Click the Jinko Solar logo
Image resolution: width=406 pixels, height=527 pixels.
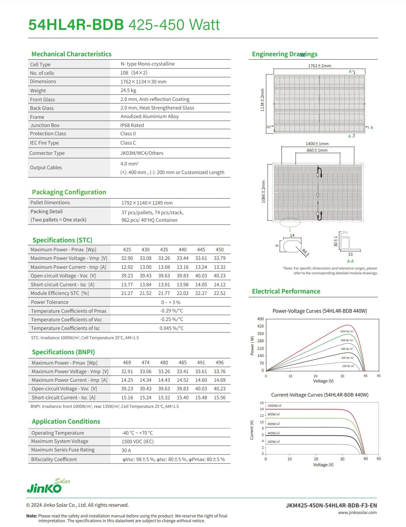pos(48,486)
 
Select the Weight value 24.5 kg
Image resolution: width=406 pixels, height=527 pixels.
pos(128,90)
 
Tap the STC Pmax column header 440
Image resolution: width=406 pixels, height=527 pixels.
pos(183,250)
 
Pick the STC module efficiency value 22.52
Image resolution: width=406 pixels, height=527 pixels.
pos(220,293)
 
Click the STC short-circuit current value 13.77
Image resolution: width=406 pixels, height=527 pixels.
pos(127,285)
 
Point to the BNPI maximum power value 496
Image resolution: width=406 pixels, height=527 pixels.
pos(220,363)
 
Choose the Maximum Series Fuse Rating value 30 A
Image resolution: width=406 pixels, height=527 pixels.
pos(126,450)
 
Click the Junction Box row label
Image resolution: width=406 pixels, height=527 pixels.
pos(45,125)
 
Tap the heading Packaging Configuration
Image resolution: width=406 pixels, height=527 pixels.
pos(69,192)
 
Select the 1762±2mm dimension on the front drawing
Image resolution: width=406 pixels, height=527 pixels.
pos(320,66)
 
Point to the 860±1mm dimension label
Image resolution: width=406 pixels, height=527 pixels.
pos(317,150)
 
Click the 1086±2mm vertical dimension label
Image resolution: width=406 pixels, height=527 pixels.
pos(264,192)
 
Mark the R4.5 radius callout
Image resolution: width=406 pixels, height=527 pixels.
pos(305,253)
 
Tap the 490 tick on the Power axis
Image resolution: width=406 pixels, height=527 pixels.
pos(260,319)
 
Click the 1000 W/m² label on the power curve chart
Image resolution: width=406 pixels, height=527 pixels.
pos(347,331)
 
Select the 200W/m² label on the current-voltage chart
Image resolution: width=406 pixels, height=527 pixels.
pos(274,442)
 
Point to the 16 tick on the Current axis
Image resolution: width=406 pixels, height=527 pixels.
pos(262,403)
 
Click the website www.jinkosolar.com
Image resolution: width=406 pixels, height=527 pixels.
pos(357,513)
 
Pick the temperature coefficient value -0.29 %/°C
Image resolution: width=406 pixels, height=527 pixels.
pos(172,311)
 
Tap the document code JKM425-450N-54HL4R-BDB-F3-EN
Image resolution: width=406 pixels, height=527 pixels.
pos(331,505)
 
